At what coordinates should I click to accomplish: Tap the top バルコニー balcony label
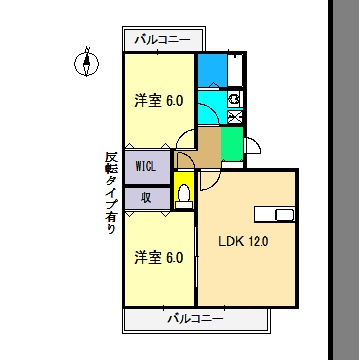coord(165,41)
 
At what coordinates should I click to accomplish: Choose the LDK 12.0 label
coord(243,241)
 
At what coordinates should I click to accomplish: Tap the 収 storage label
coord(146,197)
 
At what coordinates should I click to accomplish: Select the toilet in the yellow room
coord(185,194)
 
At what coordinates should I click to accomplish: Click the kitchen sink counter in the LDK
coord(274,216)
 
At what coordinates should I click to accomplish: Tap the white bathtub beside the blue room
coord(233,69)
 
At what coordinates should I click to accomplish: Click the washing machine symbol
coord(234,99)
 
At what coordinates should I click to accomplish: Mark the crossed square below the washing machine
coord(234,117)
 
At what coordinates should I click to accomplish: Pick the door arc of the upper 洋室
coord(186,139)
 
